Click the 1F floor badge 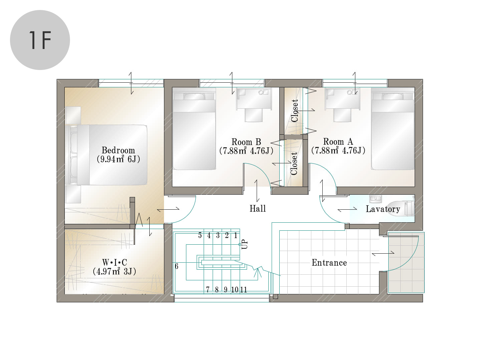tap(40, 40)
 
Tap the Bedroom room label tap(118, 150)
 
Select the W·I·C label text tap(114, 262)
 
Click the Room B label tap(246, 142)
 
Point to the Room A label tap(338, 142)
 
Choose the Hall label tap(258, 208)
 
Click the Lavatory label tap(383, 209)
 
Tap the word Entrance tap(329, 263)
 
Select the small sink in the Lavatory tap(375, 199)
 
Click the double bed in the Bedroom tap(106, 155)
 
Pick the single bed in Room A tap(393, 129)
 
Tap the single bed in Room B tap(194, 129)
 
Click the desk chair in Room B tap(254, 115)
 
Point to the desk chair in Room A tap(342, 115)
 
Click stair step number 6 tap(177, 266)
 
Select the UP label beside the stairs tap(244, 245)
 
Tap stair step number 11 tap(244, 290)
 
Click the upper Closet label tap(295, 111)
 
